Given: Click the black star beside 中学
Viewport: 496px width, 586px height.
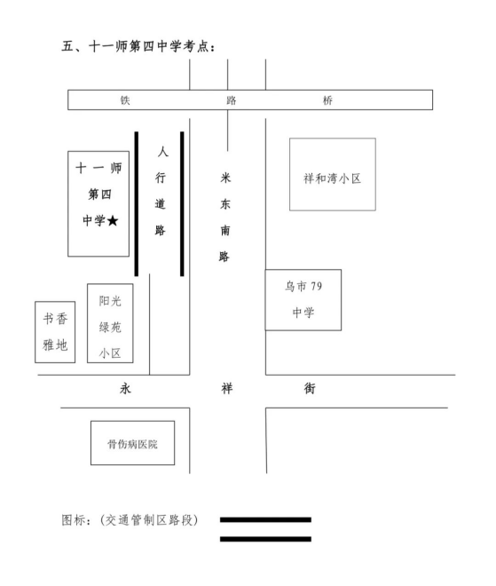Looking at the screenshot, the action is pyautogui.click(x=113, y=221).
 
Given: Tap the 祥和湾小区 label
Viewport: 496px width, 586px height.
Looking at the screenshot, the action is pyautogui.click(x=332, y=178).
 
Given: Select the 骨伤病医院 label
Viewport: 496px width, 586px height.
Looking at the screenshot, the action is pyautogui.click(x=132, y=444).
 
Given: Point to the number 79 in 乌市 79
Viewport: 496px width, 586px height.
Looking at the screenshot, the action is pyautogui.click(x=316, y=286).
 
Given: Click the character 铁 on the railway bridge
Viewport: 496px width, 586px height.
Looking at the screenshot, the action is pyautogui.click(x=125, y=100).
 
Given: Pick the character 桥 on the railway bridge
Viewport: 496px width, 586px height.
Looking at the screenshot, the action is pyautogui.click(x=327, y=100).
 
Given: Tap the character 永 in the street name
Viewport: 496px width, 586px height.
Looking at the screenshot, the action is pyautogui.click(x=125, y=389).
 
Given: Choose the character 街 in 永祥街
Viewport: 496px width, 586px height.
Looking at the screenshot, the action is pyautogui.click(x=310, y=389).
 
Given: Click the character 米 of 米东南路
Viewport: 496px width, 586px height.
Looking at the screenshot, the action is pyautogui.click(x=225, y=178).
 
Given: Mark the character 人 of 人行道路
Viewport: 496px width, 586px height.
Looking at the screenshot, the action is pyautogui.click(x=163, y=151).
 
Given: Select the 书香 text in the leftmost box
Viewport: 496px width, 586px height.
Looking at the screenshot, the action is pyautogui.click(x=55, y=319).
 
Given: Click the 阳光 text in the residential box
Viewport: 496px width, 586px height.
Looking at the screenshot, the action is pyautogui.click(x=110, y=301).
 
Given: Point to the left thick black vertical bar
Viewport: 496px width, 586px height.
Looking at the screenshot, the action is pyautogui.click(x=137, y=203).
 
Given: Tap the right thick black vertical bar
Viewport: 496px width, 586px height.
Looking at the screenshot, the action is pyautogui.click(x=182, y=203).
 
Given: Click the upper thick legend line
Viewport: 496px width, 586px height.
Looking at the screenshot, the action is pyautogui.click(x=265, y=519).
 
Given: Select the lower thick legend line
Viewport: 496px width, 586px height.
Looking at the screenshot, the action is pyautogui.click(x=265, y=539).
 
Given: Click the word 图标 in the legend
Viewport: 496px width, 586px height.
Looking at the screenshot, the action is pyautogui.click(x=74, y=519).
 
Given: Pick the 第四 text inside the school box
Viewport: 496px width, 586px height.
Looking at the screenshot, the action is pyautogui.click(x=99, y=194).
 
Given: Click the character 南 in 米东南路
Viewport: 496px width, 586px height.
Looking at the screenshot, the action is pyautogui.click(x=225, y=230).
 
